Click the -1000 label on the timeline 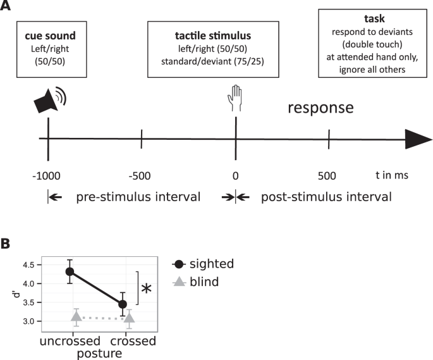49,175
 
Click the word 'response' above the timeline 320,108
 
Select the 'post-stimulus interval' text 326,197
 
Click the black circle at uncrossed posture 70,271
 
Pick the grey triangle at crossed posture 129,318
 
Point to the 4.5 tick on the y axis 29,265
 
